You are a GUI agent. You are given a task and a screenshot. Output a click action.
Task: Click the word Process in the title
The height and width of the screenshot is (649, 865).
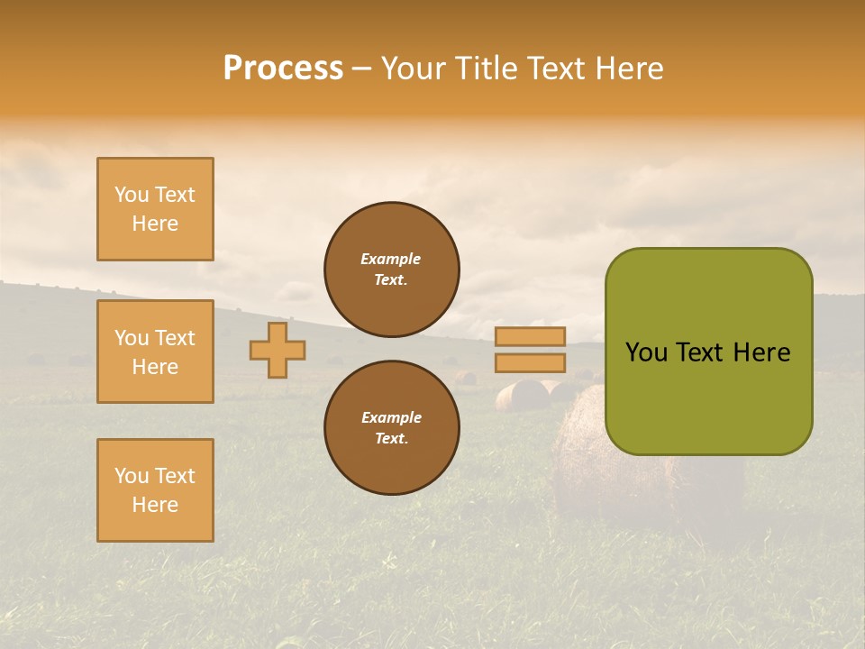pos(283,69)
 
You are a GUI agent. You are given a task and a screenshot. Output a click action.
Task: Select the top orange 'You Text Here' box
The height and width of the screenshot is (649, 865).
pos(155,209)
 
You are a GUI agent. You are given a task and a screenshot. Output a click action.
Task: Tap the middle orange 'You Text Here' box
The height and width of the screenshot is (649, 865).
pos(155,352)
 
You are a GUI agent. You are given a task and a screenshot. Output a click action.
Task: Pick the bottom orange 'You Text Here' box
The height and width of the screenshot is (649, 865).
pos(155,490)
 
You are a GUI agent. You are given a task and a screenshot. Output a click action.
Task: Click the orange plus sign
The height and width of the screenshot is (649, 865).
pos(278,350)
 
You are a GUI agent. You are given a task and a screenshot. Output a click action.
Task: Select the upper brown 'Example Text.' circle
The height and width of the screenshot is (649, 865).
pos(391,270)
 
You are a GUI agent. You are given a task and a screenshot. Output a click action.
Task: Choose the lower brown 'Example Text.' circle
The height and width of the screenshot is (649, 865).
pos(391,427)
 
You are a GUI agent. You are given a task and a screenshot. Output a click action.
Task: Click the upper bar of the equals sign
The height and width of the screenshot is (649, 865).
pos(530,336)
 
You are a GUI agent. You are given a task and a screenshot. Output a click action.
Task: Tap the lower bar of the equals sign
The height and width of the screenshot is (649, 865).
pos(530,362)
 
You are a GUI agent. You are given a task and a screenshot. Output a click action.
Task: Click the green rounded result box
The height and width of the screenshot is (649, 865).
pos(708,352)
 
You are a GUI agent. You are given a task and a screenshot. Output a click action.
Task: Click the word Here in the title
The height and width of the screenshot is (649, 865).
pos(626,69)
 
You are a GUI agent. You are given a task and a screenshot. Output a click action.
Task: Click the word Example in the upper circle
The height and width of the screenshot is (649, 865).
pos(391,259)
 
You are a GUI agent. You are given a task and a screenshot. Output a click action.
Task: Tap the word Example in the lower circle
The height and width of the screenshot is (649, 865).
pos(391,417)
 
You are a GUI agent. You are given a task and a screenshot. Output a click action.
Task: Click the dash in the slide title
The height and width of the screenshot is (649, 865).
pos(361,69)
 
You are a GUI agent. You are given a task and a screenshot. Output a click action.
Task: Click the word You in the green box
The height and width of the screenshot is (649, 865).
pos(647,352)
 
